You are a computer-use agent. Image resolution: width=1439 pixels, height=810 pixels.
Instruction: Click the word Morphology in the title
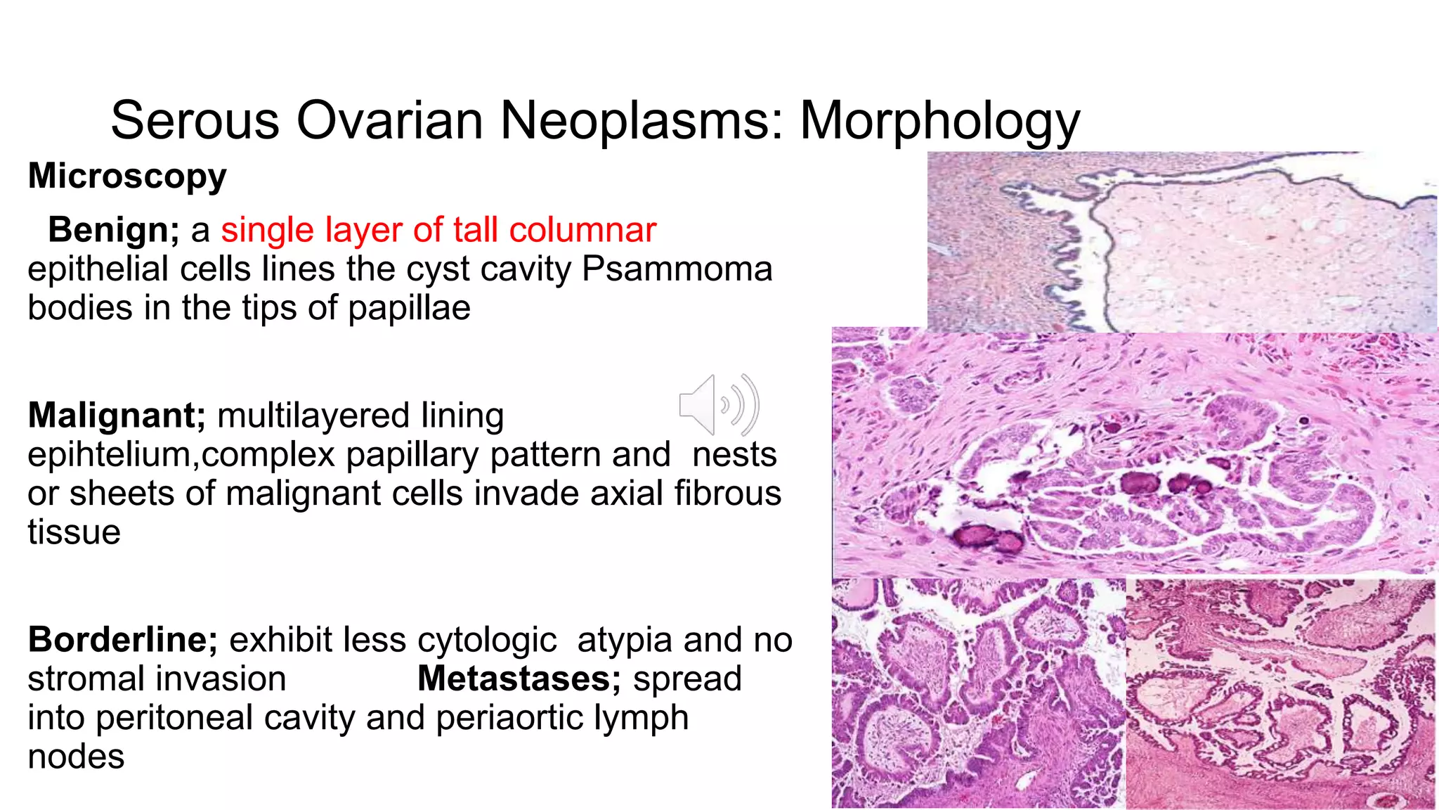(939, 121)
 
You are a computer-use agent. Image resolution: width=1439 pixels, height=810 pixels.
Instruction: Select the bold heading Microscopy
(127, 176)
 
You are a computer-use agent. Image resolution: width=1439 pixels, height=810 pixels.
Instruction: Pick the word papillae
(409, 307)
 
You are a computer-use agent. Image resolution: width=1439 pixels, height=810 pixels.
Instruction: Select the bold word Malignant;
(117, 416)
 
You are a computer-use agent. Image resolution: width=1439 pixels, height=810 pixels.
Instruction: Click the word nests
(734, 455)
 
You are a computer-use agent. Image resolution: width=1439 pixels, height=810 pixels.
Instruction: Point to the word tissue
(74, 532)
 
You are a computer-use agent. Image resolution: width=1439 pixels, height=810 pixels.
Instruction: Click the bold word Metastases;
(519, 679)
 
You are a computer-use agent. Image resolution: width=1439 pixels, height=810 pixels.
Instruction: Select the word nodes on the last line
(76, 757)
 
